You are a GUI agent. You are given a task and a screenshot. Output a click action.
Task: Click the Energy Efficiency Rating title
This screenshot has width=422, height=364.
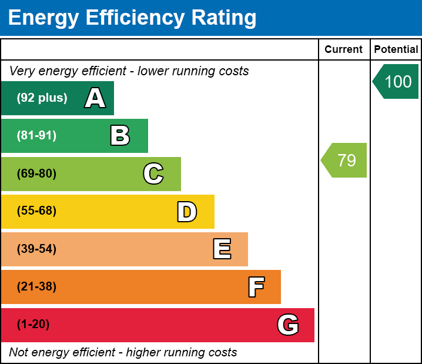click(132, 18)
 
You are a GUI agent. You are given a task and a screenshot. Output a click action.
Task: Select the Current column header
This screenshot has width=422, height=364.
click(344, 49)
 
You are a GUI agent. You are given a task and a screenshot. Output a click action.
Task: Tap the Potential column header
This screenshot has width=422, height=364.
click(396, 49)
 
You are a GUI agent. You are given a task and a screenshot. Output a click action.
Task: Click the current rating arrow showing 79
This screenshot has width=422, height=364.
click(345, 160)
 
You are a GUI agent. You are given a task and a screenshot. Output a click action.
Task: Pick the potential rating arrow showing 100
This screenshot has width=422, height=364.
click(397, 81)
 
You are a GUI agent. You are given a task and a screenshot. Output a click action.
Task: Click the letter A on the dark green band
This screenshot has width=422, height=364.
click(95, 98)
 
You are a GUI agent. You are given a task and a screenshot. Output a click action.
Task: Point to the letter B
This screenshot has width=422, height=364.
click(120, 136)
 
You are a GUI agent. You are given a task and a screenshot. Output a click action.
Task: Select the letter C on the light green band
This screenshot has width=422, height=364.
click(153, 173)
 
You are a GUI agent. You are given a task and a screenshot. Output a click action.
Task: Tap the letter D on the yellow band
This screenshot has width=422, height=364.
click(187, 212)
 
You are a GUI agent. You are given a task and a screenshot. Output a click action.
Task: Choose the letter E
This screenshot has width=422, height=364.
click(222, 249)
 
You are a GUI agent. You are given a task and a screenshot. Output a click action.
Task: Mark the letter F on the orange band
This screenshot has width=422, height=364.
click(256, 287)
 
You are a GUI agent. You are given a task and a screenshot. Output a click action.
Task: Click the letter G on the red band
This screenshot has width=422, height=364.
click(288, 325)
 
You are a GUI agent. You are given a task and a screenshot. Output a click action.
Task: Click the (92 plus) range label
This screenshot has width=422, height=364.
click(42, 98)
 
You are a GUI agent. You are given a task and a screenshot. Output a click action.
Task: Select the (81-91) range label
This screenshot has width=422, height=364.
click(36, 136)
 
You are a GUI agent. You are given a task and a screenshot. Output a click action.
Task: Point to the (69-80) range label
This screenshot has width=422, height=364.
click(36, 173)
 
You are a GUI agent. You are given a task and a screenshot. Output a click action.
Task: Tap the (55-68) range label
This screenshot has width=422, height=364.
click(36, 211)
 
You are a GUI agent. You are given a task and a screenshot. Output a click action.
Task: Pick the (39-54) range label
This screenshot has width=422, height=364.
click(36, 249)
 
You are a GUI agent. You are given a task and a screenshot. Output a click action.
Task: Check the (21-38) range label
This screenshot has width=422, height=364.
click(36, 287)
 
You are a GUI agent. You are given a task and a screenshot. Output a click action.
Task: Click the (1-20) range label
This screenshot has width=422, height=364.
click(34, 325)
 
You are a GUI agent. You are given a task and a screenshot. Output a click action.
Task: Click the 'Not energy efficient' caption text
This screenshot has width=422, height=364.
click(123, 352)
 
